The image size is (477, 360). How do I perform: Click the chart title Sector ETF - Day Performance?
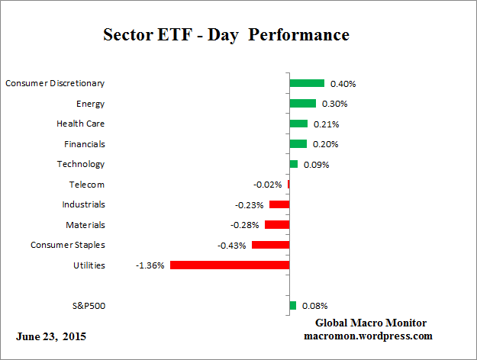(x=226, y=35)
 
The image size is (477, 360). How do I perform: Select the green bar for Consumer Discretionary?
(x=307, y=83)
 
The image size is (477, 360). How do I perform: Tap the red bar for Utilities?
(x=230, y=265)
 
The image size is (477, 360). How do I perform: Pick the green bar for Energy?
(x=302, y=104)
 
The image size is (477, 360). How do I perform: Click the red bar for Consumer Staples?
(x=270, y=245)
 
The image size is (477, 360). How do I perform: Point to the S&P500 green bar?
(x=292, y=306)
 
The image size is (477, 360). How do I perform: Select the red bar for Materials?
(x=276, y=225)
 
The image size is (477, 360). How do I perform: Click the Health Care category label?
(x=81, y=124)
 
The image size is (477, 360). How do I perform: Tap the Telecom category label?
(x=86, y=185)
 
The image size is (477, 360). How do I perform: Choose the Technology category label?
(x=81, y=164)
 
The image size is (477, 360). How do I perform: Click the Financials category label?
(x=82, y=144)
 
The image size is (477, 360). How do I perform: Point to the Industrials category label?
(x=83, y=204)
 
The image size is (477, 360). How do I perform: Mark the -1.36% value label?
(x=150, y=265)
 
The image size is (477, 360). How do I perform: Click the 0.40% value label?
(x=342, y=83)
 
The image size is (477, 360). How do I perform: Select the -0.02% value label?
(x=267, y=185)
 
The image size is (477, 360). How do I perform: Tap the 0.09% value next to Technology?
(x=316, y=164)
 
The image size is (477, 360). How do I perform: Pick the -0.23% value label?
(x=249, y=204)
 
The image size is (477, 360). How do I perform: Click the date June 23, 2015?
(x=51, y=336)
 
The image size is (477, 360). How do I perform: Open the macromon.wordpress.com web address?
(x=368, y=336)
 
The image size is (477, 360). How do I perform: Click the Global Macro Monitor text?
(x=371, y=323)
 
